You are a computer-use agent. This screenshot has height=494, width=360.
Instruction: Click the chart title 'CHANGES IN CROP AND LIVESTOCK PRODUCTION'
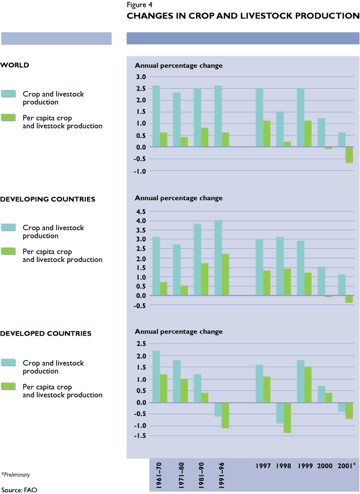pyautogui.click(x=243, y=16)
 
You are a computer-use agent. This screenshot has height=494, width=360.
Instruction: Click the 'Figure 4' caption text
pyautogui.click(x=140, y=5)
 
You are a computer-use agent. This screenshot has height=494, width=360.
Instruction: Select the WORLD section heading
pyautogui.click(x=15, y=65)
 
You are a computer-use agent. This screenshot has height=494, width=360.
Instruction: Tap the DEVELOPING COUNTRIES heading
pyautogui.click(x=48, y=199)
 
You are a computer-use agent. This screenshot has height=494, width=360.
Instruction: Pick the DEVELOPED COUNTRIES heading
pyautogui.click(x=46, y=333)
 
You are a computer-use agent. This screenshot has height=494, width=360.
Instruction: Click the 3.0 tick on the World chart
pyautogui.click(x=140, y=77)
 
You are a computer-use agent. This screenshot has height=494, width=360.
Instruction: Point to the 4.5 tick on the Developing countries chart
pyautogui.click(x=140, y=212)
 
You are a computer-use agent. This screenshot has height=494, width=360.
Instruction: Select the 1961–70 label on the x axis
pyautogui.click(x=157, y=476)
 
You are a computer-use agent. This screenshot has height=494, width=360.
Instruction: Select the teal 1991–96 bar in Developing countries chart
pyautogui.click(x=218, y=258)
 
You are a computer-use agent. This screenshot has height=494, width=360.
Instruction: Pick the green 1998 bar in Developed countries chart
pyautogui.click(x=287, y=417)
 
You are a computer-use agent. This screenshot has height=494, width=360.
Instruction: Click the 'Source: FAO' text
pyautogui.click(x=16, y=489)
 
